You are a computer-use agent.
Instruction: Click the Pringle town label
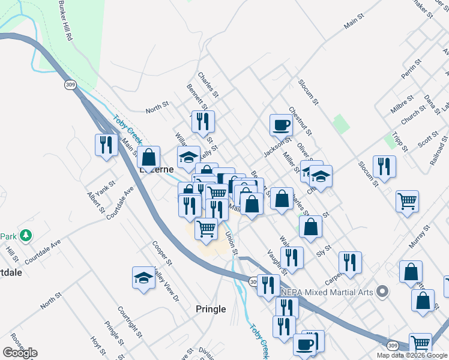click(211, 309)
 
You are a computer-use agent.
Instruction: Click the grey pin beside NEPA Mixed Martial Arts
click(382, 293)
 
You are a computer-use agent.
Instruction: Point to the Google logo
click(20, 352)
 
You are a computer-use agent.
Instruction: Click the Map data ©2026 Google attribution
click(412, 355)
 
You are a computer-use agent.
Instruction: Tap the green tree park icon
click(25, 235)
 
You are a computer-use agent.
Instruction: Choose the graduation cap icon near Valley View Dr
click(143, 278)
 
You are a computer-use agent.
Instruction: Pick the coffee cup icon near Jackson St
click(281, 125)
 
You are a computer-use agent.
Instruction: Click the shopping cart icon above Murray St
click(407, 201)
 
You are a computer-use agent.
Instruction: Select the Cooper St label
click(162, 254)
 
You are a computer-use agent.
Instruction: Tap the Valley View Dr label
click(167, 284)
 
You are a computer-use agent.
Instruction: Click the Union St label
click(232, 243)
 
